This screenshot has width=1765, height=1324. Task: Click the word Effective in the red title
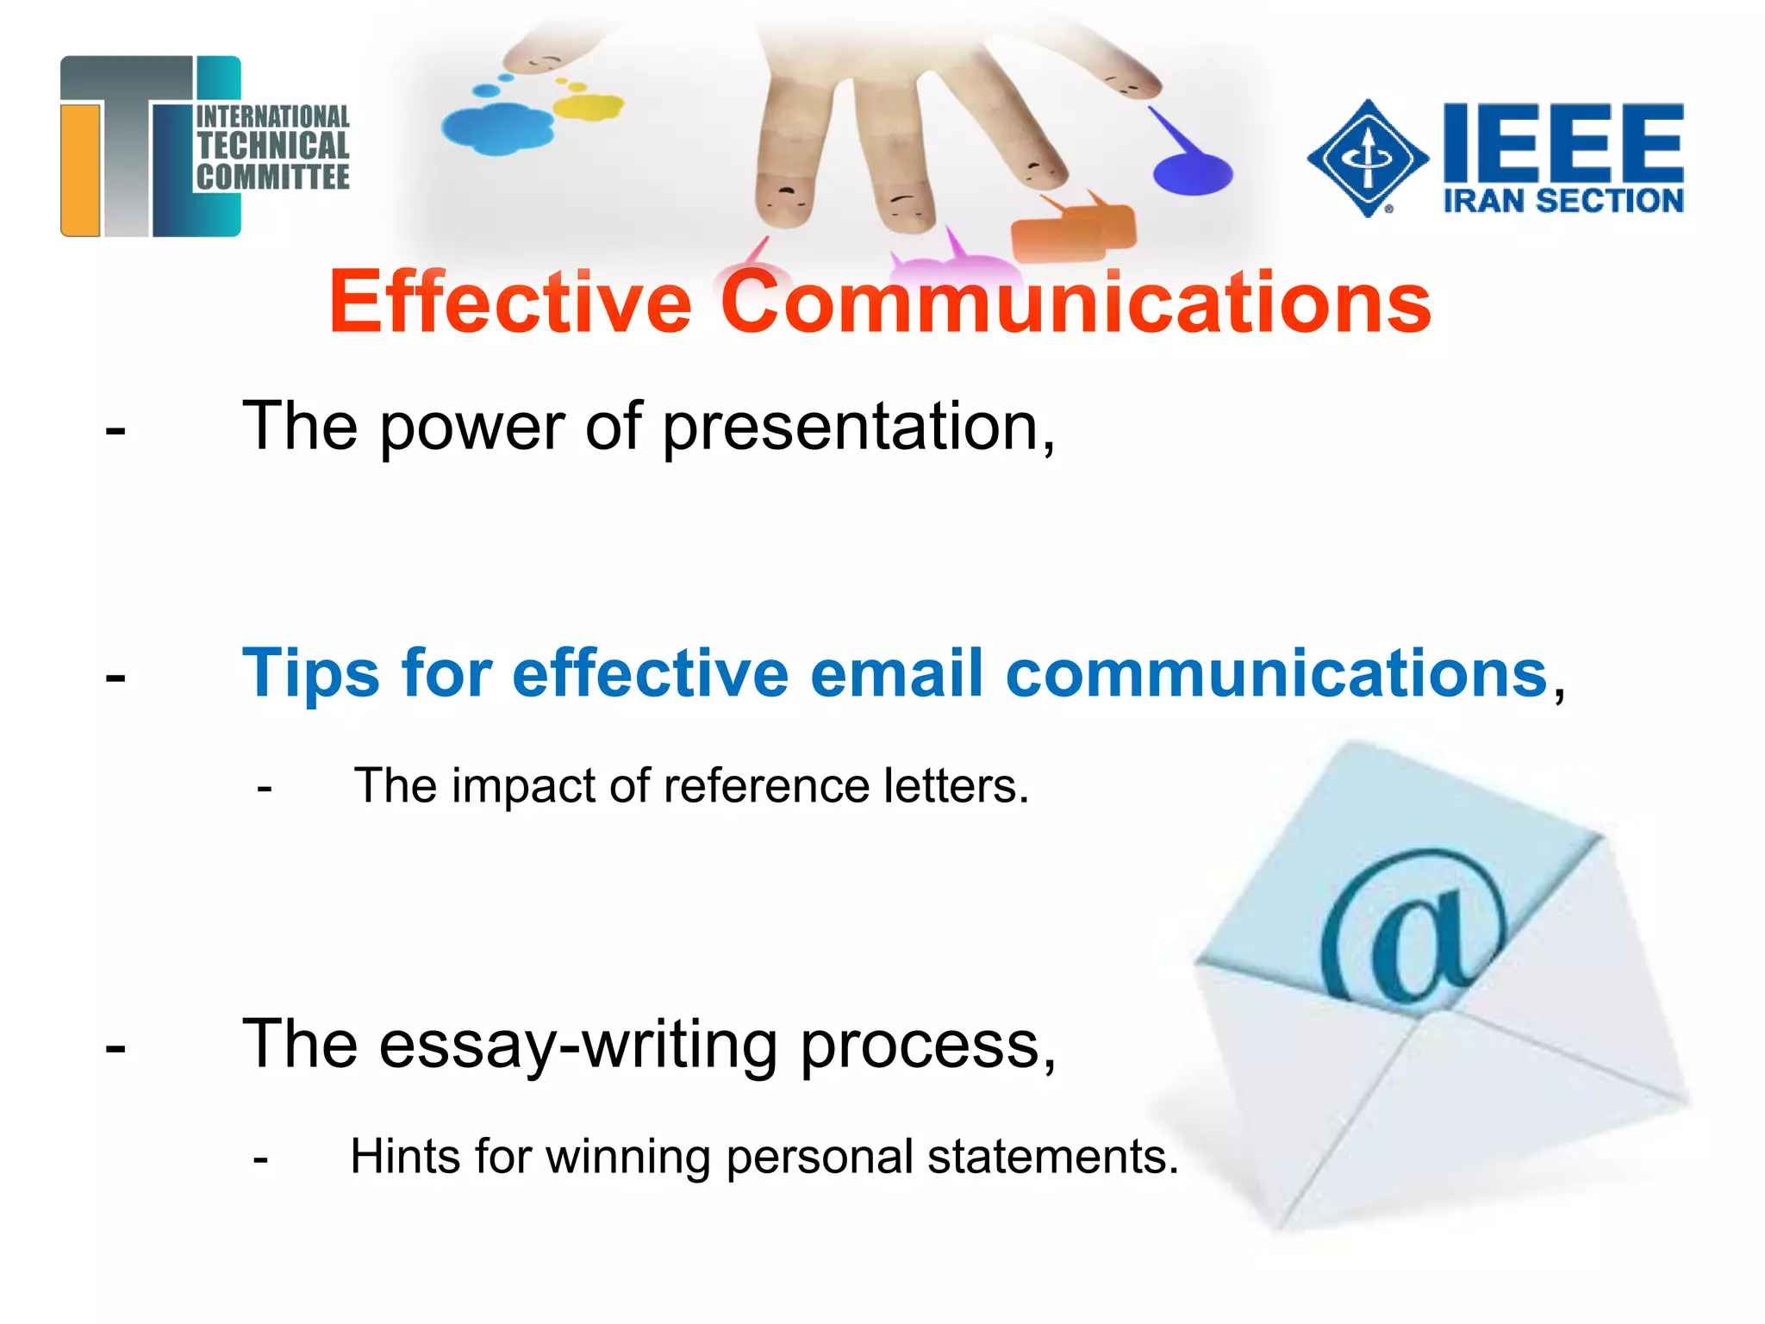[510, 303]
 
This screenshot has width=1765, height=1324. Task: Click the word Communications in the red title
[1076, 303]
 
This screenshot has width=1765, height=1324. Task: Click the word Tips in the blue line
[310, 673]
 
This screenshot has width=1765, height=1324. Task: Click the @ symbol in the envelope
[1413, 927]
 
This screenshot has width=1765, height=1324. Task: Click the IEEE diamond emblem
[1368, 159]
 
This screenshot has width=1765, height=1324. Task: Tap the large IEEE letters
[1562, 140]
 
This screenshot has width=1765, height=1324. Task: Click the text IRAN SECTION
[1562, 202]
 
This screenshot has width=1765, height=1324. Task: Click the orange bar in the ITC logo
[81, 169]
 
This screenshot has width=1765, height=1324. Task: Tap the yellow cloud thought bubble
[588, 107]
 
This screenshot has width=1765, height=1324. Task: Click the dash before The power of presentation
[115, 430]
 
